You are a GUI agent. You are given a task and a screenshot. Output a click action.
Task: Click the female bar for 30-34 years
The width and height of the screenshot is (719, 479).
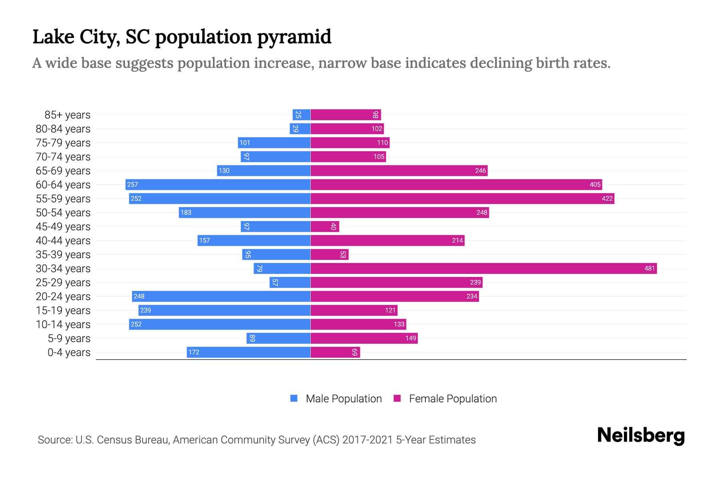483,268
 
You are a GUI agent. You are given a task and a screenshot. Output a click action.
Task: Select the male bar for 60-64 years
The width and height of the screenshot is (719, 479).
218,184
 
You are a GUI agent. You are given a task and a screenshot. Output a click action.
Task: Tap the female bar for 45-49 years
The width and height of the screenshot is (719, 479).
324,226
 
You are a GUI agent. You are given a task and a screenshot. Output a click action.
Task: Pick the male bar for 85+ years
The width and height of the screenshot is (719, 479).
301,115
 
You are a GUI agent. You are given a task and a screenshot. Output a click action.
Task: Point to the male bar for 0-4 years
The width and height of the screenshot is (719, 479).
248,352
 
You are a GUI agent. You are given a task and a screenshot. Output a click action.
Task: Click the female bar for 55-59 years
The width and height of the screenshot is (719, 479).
462,198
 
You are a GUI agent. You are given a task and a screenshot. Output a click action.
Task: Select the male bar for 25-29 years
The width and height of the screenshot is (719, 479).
290,282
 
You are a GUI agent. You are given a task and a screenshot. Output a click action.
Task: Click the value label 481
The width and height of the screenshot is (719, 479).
649,268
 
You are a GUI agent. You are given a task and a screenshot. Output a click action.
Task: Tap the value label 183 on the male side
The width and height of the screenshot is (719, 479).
186,212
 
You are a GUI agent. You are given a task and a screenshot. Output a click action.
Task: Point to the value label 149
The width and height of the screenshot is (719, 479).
411,338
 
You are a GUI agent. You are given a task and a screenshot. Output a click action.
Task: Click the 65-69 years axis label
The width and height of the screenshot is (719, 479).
63,171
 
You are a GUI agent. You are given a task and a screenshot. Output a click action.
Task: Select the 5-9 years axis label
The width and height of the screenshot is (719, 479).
69,338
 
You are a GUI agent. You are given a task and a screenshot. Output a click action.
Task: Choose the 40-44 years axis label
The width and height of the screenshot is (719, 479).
63,241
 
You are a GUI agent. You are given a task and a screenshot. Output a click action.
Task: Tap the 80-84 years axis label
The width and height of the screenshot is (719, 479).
63,129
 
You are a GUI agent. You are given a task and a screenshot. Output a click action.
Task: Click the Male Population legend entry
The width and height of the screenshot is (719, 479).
344,398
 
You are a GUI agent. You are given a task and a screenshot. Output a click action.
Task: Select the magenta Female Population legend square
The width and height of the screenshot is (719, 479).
397,398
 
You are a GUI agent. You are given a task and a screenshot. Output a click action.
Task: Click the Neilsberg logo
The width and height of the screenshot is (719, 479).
641,435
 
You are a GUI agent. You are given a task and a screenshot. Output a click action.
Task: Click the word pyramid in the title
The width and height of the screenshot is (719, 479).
294,37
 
